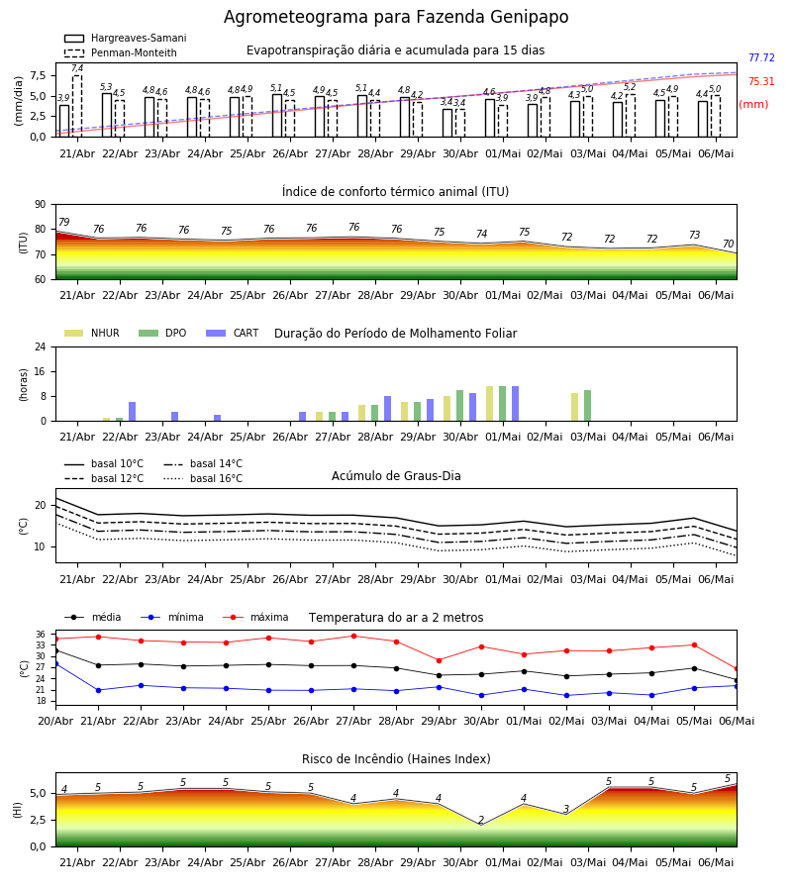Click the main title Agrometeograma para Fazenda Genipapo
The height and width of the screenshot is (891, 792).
pyautogui.click(x=396, y=17)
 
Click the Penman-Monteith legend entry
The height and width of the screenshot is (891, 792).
pyautogui.click(x=121, y=52)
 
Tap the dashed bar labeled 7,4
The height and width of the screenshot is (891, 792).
pyautogui.click(x=77, y=106)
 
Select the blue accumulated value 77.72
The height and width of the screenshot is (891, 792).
pyautogui.click(x=761, y=58)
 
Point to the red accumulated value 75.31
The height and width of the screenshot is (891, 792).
pyautogui.click(x=761, y=82)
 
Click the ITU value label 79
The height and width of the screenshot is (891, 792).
pyautogui.click(x=64, y=222)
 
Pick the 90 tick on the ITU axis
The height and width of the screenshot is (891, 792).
pyautogui.click(x=41, y=205)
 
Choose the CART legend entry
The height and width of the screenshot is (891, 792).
pyautogui.click(x=233, y=333)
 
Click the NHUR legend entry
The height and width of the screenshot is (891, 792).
pyautogui.click(x=92, y=333)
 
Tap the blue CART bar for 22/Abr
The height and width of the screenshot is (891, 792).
pyautogui.click(x=133, y=412)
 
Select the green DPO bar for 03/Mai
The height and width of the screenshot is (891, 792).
pyautogui.click(x=587, y=406)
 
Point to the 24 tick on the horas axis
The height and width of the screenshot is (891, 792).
pyautogui.click(x=41, y=347)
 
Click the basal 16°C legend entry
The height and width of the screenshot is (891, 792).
pyautogui.click(x=203, y=478)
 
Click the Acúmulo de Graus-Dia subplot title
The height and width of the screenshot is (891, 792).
pyautogui.click(x=396, y=476)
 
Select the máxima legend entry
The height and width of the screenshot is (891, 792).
pyautogui.click(x=255, y=617)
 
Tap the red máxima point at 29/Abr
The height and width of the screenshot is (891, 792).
pyautogui.click(x=440, y=660)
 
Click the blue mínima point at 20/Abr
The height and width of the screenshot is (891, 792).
pyautogui.click(x=55, y=663)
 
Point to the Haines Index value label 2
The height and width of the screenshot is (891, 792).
pyautogui.click(x=481, y=820)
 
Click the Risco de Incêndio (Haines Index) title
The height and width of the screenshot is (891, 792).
pyautogui.click(x=396, y=759)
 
